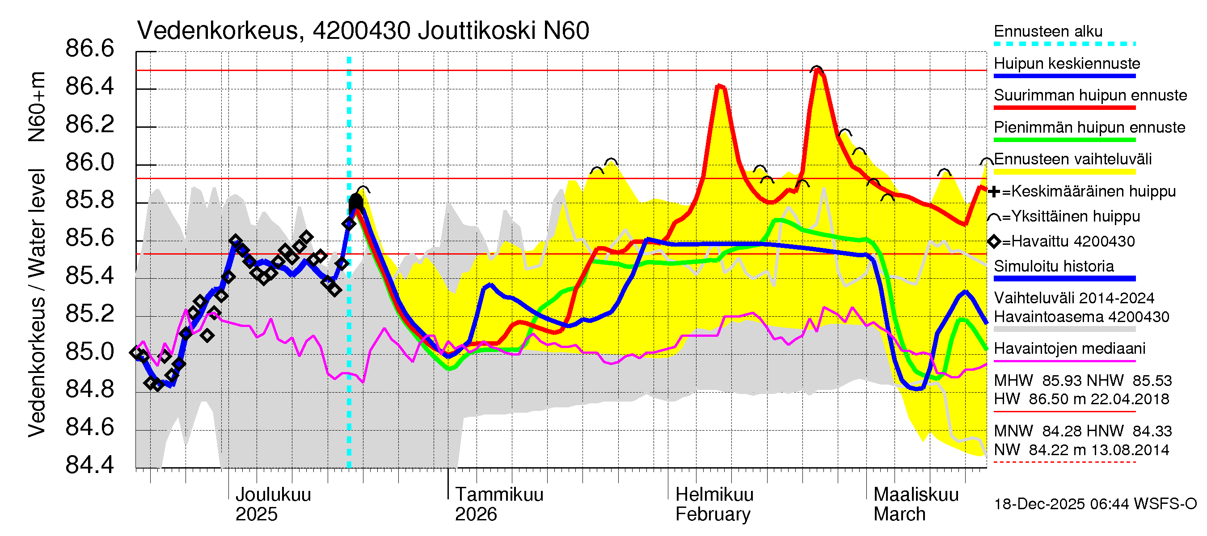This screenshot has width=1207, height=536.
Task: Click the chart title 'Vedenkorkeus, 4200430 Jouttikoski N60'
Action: click(x=363, y=31)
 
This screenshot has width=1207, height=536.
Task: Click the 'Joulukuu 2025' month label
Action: click(x=273, y=504)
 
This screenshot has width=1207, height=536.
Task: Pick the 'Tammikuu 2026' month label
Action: click(x=498, y=504)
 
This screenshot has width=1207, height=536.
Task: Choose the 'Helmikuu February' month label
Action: click(x=714, y=504)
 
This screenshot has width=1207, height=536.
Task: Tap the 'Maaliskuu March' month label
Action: click(x=916, y=504)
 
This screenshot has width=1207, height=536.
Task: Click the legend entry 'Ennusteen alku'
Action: click(x=1048, y=32)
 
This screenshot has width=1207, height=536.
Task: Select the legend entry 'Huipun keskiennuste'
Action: click(x=1067, y=64)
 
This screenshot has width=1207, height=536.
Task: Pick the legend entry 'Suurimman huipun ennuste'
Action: click(x=1090, y=96)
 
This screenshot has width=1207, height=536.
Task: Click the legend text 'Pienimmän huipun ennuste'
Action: click(x=1089, y=127)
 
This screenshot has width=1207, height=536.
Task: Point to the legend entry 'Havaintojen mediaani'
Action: click(x=1069, y=349)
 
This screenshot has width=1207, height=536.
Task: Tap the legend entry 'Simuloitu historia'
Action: click(x=1053, y=266)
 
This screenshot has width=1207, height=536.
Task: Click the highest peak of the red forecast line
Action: click(x=818, y=71)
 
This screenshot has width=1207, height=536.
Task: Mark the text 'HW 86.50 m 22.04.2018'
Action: click(x=1081, y=399)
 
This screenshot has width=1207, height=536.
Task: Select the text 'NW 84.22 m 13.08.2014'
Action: click(x=1081, y=450)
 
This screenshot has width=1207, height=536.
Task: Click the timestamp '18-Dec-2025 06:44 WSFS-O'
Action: click(x=1095, y=504)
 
